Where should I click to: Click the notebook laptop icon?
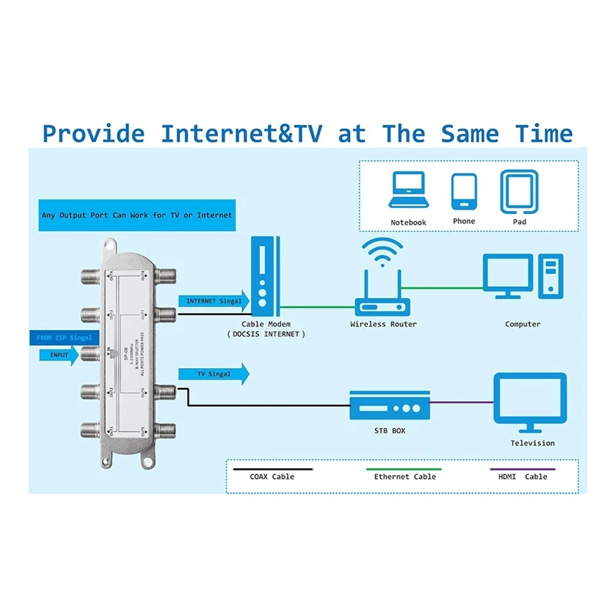407,190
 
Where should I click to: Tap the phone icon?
464,190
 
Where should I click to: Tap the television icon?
530,403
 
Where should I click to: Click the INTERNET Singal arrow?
214,301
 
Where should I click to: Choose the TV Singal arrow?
214,373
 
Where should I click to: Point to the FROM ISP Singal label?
65,337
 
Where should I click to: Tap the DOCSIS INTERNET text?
266,334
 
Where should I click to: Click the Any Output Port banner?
137,215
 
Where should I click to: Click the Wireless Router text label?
383,324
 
